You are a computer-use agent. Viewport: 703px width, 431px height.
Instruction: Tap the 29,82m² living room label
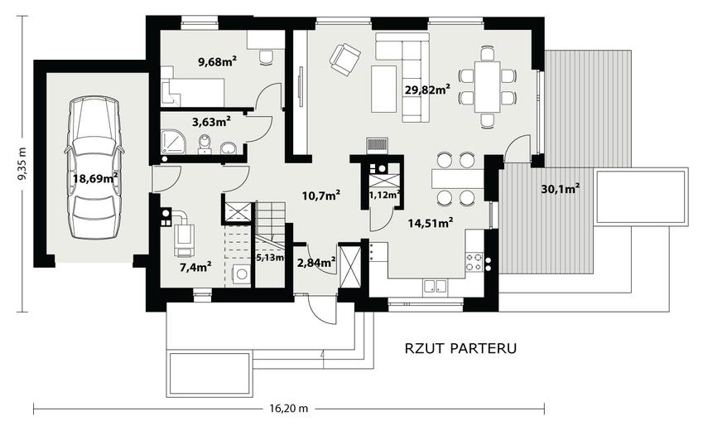[427, 90]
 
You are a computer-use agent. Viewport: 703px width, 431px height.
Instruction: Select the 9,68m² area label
[218, 61]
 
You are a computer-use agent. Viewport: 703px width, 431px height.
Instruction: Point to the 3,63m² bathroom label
[211, 121]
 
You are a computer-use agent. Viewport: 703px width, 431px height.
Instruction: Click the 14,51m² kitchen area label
[430, 222]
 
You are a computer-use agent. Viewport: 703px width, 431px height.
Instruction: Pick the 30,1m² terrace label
[560, 189]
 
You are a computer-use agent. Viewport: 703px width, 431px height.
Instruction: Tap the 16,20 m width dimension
[289, 409]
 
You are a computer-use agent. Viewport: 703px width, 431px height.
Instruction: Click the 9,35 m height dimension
[21, 163]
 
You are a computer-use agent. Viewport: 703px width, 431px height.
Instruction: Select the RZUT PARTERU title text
[460, 348]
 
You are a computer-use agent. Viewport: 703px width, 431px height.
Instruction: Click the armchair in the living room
[344, 60]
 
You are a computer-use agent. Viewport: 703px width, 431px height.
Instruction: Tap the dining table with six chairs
[488, 87]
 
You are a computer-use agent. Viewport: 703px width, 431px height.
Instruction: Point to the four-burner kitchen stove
[474, 262]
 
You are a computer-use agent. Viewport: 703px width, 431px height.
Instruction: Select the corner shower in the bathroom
[172, 142]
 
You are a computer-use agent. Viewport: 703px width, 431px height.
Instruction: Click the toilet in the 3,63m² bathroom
[205, 144]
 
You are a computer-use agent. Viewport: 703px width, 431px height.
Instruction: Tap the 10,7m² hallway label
[321, 196]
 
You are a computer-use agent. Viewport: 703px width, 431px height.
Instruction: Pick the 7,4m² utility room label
[195, 267]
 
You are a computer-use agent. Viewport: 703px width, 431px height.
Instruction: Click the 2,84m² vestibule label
[316, 262]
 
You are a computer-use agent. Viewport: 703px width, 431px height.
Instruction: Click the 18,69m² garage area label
[95, 178]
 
